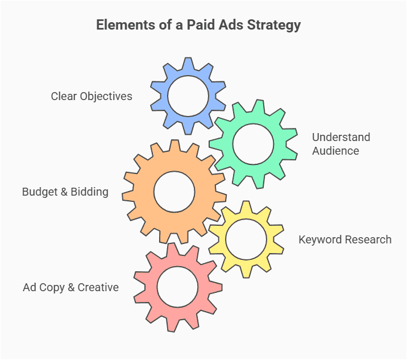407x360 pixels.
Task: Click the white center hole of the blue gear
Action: click(188, 95)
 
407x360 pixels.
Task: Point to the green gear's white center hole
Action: click(254, 144)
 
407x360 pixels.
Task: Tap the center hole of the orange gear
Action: click(175, 192)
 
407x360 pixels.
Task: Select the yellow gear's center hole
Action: click(246, 239)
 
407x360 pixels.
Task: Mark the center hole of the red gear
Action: click(177, 286)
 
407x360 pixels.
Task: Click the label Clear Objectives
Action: click(92, 96)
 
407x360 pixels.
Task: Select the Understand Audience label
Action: click(340, 144)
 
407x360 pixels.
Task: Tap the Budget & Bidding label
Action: click(65, 192)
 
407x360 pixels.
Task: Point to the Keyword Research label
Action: click(345, 239)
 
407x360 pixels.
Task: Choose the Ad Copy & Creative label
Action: click(71, 287)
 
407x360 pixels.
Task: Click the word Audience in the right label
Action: click(335, 151)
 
